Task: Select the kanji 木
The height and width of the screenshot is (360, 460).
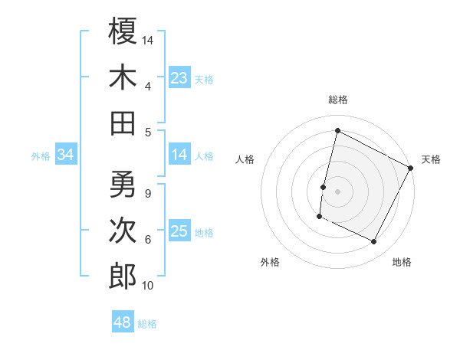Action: point(123,77)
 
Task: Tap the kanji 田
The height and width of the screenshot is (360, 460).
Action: point(123,123)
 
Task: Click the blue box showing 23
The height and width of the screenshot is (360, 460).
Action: point(179,77)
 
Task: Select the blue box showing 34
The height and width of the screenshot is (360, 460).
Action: point(66,155)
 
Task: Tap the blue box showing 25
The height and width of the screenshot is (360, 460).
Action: point(179,231)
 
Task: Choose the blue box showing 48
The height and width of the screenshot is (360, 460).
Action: point(123,322)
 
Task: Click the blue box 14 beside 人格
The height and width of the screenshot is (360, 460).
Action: point(179,155)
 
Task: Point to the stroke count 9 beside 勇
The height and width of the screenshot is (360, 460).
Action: point(147,192)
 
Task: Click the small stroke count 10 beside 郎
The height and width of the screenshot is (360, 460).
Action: point(148,286)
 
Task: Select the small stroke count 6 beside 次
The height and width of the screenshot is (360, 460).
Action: point(147,239)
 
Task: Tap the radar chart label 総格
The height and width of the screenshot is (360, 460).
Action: point(338,100)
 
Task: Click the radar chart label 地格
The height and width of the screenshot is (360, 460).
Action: point(402,262)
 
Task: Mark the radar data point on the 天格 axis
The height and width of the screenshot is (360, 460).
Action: point(411,168)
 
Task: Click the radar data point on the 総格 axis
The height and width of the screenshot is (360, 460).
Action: point(337,130)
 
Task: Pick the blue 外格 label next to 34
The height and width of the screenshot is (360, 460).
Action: point(41,156)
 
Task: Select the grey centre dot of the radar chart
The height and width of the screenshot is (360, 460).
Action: point(337,191)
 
